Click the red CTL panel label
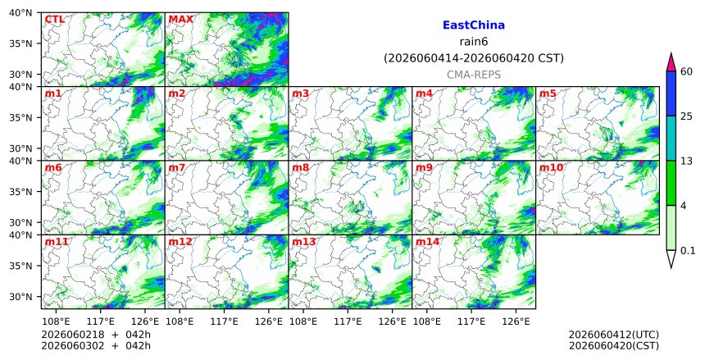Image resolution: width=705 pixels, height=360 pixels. pyautogui.click(x=54, y=20)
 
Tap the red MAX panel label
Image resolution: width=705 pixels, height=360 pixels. pyautogui.click(x=180, y=20)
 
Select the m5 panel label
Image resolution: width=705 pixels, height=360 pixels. pyautogui.click(x=548, y=93)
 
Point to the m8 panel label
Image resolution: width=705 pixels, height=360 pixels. pyautogui.click(x=300, y=168)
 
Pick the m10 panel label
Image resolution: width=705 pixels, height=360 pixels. pyautogui.click(x=551, y=168)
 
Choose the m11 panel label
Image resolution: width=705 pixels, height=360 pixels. pyautogui.click(x=57, y=242)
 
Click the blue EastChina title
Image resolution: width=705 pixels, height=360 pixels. pyautogui.click(x=474, y=25)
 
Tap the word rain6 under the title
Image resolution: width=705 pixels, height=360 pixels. pyautogui.click(x=474, y=42)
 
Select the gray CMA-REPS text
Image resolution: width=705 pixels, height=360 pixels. pyautogui.click(x=474, y=75)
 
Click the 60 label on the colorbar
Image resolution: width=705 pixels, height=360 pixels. pyautogui.click(x=686, y=72)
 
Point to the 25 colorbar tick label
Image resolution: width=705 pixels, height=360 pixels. pyautogui.click(x=686, y=116)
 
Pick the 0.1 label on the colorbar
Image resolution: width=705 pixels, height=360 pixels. pyautogui.click(x=688, y=251)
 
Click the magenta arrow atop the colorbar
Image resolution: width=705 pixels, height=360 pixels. pyautogui.click(x=671, y=62)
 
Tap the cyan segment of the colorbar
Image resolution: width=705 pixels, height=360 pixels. pyautogui.click(x=671, y=138)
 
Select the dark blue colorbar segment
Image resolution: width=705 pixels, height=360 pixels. pyautogui.click(x=671, y=93)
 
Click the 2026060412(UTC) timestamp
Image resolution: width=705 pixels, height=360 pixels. pyautogui.click(x=614, y=335)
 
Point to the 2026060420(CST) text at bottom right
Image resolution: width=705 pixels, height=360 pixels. pyautogui.click(x=614, y=346)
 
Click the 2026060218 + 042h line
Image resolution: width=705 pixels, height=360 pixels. pyautogui.click(x=96, y=335)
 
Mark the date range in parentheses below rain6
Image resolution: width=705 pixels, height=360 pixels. pyautogui.click(x=474, y=58)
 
